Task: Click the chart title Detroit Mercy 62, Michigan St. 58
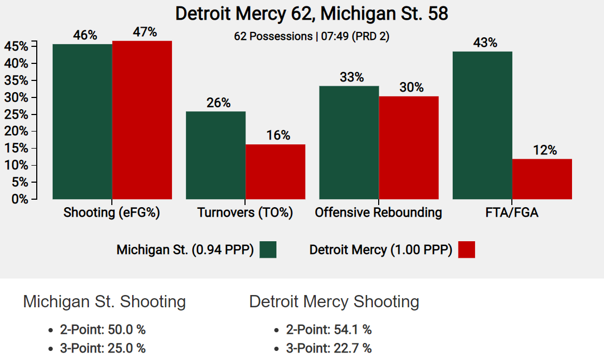point(312,13)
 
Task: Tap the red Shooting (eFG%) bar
point(142,120)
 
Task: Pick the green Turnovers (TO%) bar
point(215,155)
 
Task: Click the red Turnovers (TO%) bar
point(275,171)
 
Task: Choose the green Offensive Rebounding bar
point(348,142)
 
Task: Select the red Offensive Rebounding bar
point(409,148)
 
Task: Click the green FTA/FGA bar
point(482,125)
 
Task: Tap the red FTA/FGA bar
point(542,179)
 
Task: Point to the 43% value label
point(485,43)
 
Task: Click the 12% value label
point(545,150)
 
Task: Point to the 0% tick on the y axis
point(19,199)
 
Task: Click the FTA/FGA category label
point(512,213)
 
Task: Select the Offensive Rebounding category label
point(378,213)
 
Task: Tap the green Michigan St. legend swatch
point(268,249)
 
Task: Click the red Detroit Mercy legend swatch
point(466,249)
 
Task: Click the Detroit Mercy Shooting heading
point(334,302)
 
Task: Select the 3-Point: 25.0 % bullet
point(103,348)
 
